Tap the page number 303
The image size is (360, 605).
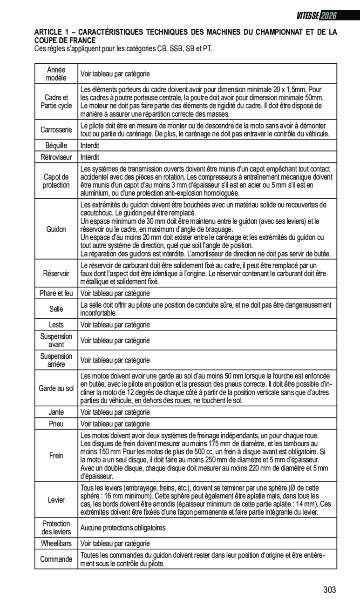point(329,590)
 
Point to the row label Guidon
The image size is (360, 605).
point(56,229)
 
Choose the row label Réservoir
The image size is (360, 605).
point(56,273)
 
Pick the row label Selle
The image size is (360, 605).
point(56,309)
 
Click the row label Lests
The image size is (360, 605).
point(56,324)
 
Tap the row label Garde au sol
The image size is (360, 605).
point(56,388)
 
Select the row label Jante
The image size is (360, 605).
point(56,412)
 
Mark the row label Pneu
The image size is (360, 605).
point(56,423)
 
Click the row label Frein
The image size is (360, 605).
point(56,456)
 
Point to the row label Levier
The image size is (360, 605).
point(56,500)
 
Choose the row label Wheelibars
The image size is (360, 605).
point(56,543)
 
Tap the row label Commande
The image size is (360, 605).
point(56,559)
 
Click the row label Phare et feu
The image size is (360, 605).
point(56,293)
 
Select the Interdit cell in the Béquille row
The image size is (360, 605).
point(90,146)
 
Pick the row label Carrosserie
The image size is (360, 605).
point(56,129)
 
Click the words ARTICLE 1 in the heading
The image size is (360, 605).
point(49,32)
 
